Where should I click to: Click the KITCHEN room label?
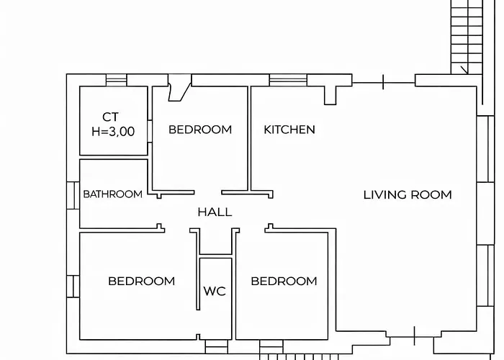[289, 130]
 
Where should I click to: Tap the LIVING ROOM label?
[408, 195]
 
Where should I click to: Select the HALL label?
[215, 212]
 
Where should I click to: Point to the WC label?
[215, 291]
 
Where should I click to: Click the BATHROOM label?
[113, 194]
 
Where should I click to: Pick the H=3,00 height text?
[113, 132]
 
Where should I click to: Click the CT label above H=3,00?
[111, 117]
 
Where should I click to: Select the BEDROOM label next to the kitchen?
[200, 130]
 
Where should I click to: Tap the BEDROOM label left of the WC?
[142, 282]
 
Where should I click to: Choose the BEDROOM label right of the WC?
[284, 282]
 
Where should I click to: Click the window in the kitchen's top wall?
[288, 80]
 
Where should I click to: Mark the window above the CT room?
[117, 80]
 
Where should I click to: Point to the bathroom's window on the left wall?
[73, 195]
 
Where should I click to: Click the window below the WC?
[216, 347]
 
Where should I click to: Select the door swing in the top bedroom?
[179, 88]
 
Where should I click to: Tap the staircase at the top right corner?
[467, 37]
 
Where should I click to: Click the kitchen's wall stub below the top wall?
[330, 95]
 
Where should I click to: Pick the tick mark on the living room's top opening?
[383, 82]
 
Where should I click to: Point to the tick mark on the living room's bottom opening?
[414, 336]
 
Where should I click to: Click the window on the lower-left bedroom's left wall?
[73, 286]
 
